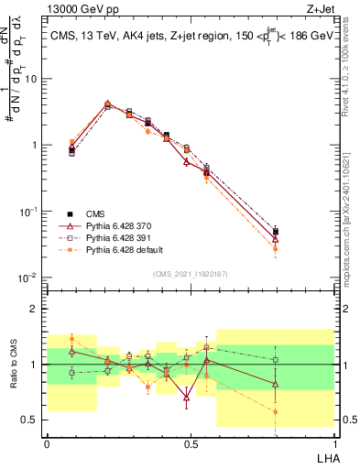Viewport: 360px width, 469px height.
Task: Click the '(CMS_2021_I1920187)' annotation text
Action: click(x=190, y=273)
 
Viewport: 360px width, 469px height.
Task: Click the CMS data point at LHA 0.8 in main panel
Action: click(x=276, y=233)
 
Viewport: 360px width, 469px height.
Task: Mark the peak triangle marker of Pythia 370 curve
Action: click(x=108, y=104)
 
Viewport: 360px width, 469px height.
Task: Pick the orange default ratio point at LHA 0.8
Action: click(x=276, y=412)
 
